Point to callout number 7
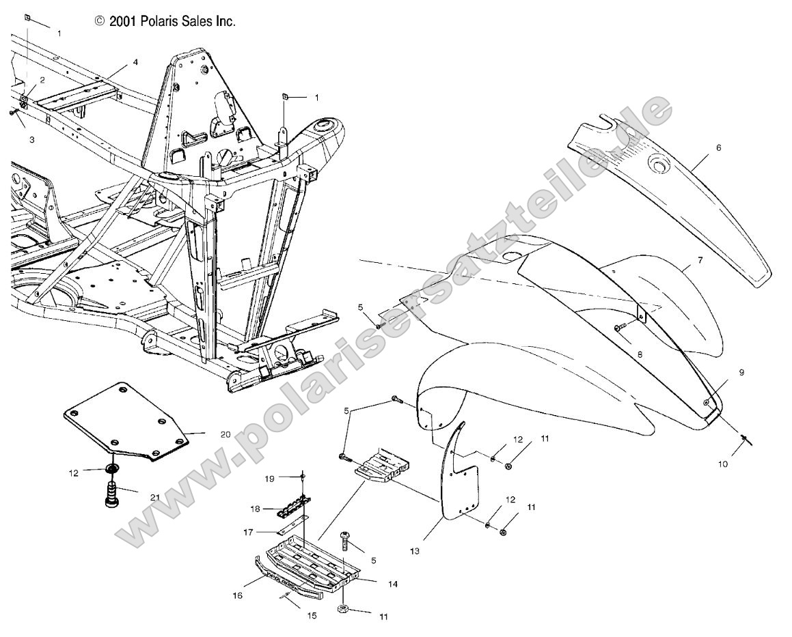700,261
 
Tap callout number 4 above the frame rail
135,62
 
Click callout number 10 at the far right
724,464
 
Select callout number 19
269,479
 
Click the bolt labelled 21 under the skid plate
111,494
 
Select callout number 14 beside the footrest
392,584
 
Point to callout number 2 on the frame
42,80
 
